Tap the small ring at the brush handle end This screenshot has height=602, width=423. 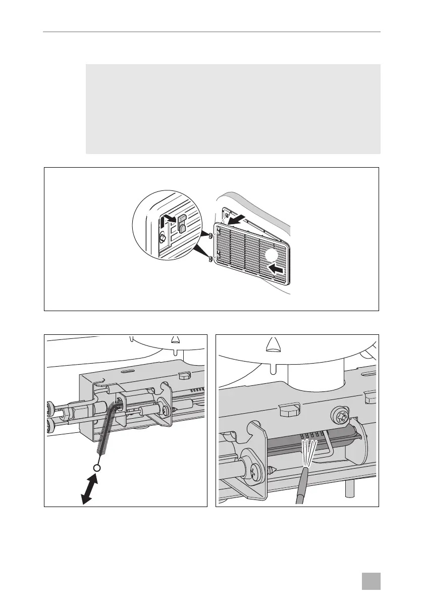97,468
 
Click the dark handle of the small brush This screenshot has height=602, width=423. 301,484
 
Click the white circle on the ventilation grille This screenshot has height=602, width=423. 268,256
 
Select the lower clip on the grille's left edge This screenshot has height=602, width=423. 209,260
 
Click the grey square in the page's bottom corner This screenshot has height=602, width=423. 373,581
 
